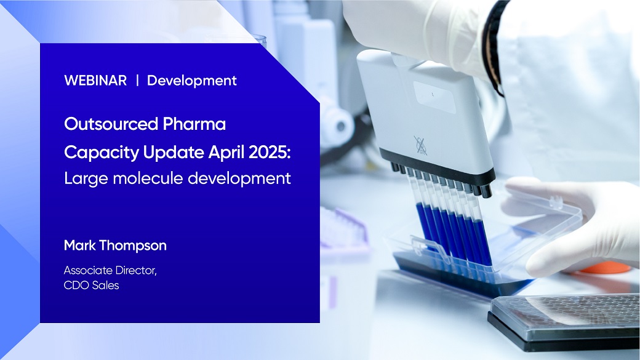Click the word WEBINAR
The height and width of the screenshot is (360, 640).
[95, 81]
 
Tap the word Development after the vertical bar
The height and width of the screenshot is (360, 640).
[192, 81]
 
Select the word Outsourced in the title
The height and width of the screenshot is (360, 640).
[111, 124]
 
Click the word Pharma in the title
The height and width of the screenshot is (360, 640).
[194, 124]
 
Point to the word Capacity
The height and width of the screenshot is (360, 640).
[102, 153]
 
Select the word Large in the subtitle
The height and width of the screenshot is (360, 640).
[86, 179]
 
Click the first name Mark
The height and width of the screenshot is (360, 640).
[80, 246]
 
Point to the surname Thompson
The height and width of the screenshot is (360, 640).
[133, 246]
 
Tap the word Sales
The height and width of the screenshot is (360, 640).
[106, 285]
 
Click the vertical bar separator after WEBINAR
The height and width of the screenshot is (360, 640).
[137, 81]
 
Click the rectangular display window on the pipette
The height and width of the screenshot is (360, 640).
[434, 97]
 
